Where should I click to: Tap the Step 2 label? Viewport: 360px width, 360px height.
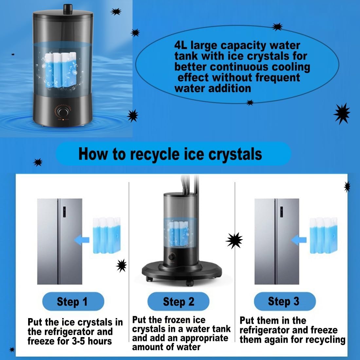[x=179, y=301]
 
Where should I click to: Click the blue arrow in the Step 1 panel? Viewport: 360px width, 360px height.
[x=82, y=240]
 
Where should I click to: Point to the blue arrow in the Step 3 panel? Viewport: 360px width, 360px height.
[x=299, y=240]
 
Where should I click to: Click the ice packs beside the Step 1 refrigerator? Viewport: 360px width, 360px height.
[x=107, y=235]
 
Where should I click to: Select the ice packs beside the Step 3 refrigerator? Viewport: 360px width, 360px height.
[x=324, y=235]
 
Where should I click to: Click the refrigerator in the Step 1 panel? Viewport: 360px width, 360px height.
[x=60, y=242]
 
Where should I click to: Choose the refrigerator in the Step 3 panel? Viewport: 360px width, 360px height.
[x=277, y=242]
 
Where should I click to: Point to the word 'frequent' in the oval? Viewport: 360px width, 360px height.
[x=278, y=78]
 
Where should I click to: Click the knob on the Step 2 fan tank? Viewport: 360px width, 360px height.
[x=171, y=257]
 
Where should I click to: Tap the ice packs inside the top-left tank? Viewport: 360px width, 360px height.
[x=60, y=70]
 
